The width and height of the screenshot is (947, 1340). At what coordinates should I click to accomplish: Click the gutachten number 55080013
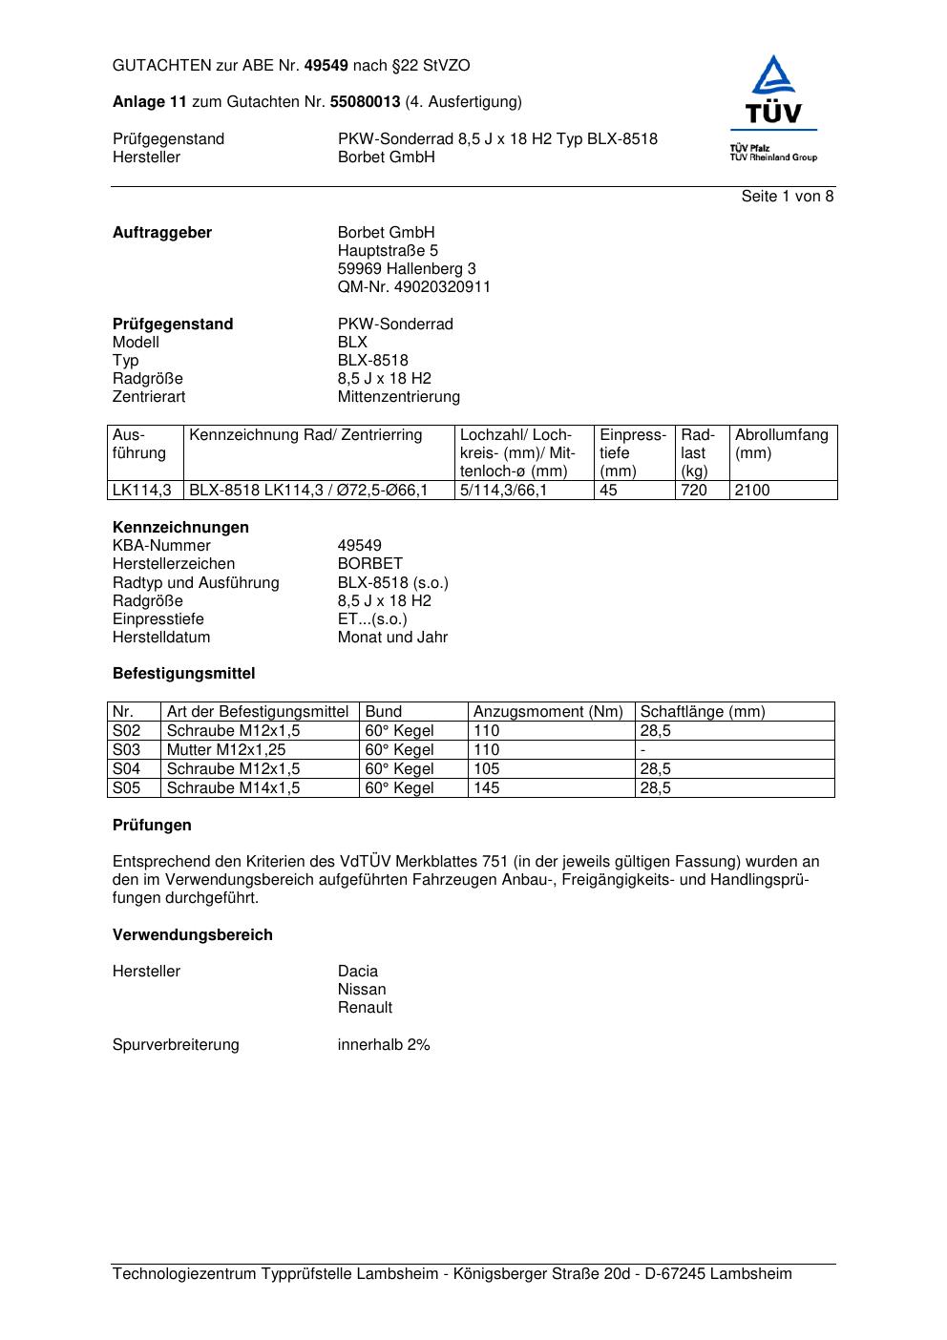[x=365, y=102]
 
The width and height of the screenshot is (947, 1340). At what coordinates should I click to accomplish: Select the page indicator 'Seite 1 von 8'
[x=787, y=197]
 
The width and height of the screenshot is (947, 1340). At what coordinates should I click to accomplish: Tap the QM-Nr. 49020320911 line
[x=413, y=287]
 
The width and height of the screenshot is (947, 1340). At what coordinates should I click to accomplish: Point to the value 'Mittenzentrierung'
[x=398, y=397]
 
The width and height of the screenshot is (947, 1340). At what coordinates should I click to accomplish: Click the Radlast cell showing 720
[x=694, y=491]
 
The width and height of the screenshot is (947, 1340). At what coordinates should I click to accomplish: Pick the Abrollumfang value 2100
[x=752, y=491]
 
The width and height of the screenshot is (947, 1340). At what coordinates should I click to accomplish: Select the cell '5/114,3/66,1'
[x=504, y=491]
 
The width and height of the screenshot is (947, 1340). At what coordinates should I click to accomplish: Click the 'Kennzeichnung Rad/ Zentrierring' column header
[x=305, y=435]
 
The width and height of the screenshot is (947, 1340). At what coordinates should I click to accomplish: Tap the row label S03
[x=127, y=750]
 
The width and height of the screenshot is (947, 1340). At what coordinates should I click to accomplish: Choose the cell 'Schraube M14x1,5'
[x=233, y=788]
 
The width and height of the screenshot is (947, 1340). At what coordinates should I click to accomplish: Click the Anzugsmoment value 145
[x=487, y=788]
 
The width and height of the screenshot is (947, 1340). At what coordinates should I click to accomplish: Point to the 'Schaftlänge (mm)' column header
[x=703, y=712]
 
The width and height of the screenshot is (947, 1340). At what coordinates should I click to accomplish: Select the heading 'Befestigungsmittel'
[x=184, y=674]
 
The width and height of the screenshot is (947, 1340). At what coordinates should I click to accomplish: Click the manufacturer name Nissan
[x=362, y=990]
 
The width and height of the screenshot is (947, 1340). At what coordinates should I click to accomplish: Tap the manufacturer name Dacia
[x=358, y=972]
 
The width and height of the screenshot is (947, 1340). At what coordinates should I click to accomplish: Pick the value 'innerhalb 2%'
[x=384, y=1045]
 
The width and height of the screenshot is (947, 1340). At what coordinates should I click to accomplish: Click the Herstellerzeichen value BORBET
[x=369, y=564]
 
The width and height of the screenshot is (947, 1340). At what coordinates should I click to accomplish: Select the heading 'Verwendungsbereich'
[x=193, y=935]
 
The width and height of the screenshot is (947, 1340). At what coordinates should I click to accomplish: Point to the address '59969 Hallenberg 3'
[x=407, y=269]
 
